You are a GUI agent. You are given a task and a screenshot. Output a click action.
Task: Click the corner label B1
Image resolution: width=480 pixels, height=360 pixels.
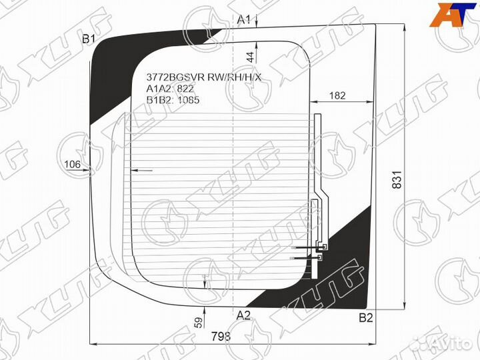[x=89, y=40]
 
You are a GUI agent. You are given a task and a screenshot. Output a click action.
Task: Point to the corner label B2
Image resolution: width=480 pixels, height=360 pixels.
[x=365, y=318]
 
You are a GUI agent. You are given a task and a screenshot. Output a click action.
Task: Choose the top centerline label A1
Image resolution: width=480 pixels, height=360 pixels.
[x=244, y=20]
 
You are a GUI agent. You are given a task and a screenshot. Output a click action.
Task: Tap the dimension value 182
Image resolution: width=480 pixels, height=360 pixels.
[x=338, y=95]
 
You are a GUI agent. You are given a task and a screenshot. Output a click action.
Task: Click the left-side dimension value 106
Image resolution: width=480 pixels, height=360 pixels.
[x=73, y=165]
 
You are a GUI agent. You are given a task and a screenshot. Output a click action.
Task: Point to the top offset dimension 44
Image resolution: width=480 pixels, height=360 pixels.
[x=250, y=57]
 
